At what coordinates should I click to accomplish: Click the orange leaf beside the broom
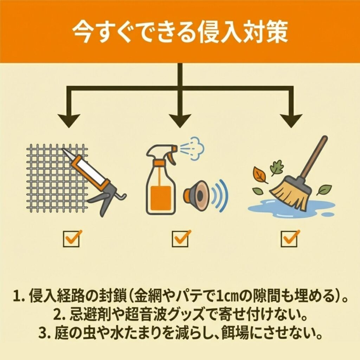point(260,174)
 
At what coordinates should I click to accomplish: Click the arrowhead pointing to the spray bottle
point(180,121)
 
